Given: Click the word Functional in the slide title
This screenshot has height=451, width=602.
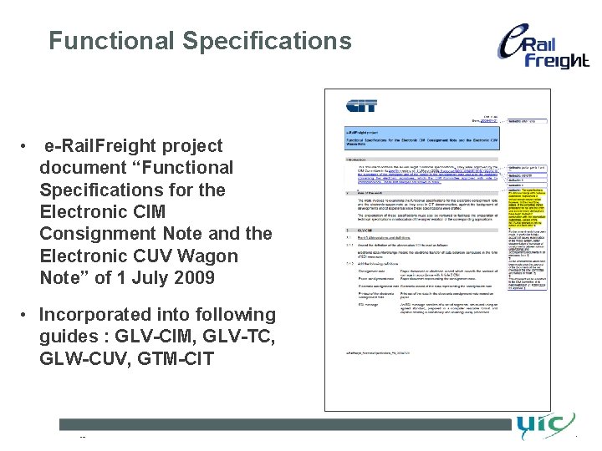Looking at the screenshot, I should (111, 40).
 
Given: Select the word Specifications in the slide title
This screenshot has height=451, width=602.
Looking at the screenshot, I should (267, 40).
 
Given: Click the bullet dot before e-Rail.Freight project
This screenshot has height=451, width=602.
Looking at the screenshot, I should (28, 146).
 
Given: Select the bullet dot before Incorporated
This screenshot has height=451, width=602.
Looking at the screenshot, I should (28, 315).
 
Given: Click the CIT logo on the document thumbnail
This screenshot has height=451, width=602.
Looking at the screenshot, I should (362, 106).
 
